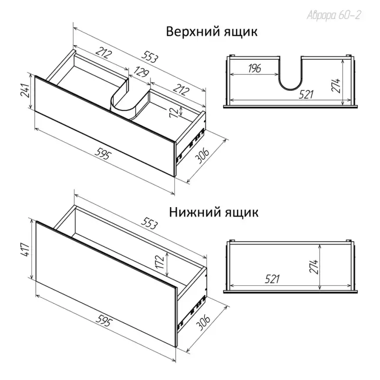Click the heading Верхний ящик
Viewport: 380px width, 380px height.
[211, 32]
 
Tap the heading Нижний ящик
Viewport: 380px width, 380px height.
[214, 212]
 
